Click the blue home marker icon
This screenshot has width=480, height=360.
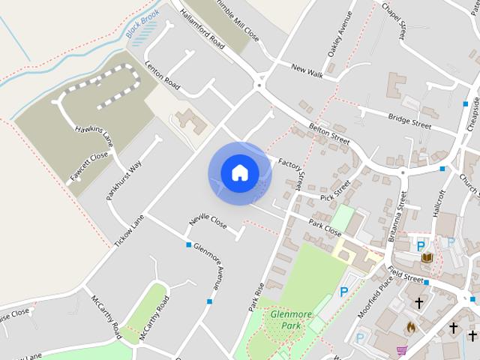tap(239, 173)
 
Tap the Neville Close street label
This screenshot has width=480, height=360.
tap(208, 221)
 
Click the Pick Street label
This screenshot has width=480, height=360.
tap(335, 191)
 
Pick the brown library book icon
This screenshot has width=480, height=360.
tap(427, 258)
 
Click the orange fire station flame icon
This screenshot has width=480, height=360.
tap(409, 327)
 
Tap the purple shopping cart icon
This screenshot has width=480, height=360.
tap(401, 350)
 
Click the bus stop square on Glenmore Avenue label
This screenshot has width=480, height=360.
tap(188, 244)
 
